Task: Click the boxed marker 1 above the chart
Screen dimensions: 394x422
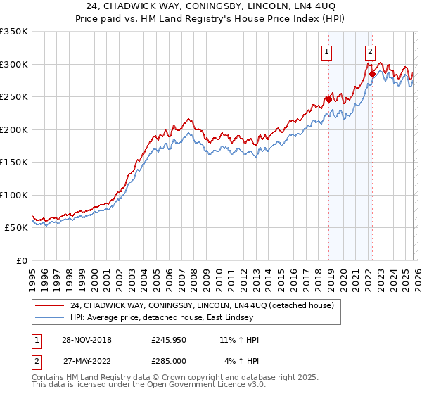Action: click(328, 50)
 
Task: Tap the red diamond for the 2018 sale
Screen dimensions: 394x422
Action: click(328, 99)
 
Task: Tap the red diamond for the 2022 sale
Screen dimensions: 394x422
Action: click(372, 73)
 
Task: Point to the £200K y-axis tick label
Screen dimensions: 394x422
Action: click(14, 129)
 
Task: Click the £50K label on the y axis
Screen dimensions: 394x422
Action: click(16, 228)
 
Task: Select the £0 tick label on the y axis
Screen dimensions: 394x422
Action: click(23, 260)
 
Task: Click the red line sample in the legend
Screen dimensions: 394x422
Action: click(49, 305)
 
